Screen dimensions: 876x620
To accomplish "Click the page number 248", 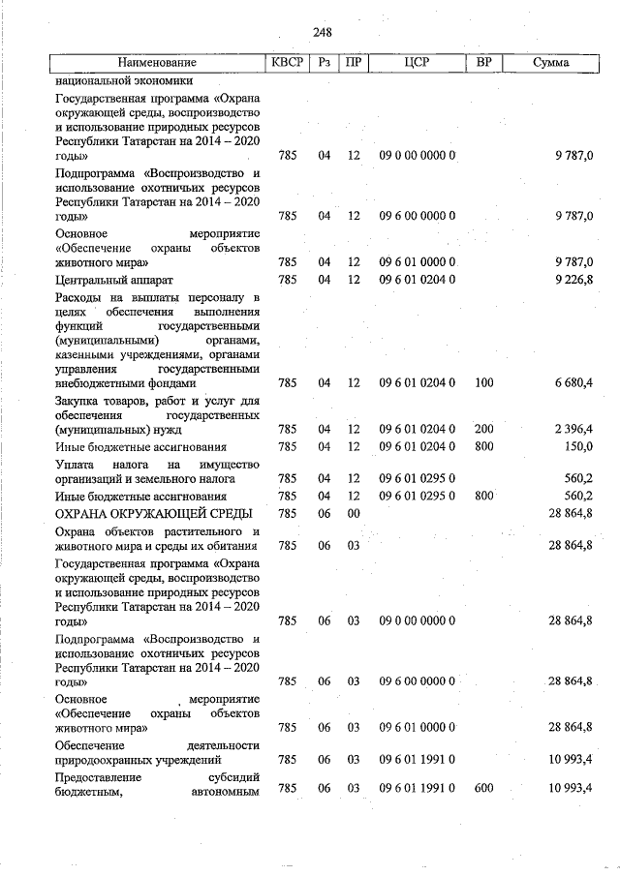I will (323, 33).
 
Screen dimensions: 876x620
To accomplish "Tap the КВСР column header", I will (288, 64).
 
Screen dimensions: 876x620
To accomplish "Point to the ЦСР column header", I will (418, 64).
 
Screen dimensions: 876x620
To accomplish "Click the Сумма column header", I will (550, 64).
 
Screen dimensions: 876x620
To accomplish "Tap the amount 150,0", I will (578, 446).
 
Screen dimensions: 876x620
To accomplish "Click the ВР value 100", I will (484, 383).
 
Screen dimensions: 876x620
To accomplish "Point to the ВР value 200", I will (484, 429).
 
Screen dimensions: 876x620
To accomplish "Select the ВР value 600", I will (484, 791).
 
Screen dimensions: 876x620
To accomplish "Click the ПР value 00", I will (354, 512).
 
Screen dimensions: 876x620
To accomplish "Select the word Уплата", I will (77, 465).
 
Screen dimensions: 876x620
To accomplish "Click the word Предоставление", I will (99, 776).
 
